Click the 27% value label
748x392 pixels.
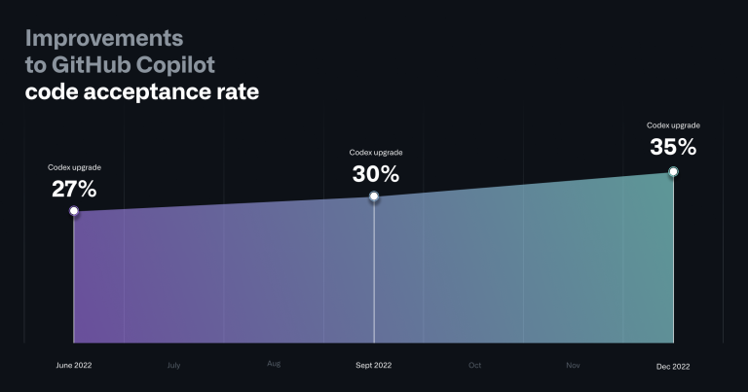point(74,189)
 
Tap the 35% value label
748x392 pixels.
point(673,147)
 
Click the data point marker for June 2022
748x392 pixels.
point(74,210)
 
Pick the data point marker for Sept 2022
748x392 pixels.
point(374,196)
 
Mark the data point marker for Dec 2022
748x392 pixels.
point(673,171)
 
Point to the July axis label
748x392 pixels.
point(173,366)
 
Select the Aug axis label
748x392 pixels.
point(274,364)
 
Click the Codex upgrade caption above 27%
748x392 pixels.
point(74,167)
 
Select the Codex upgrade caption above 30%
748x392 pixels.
point(376,153)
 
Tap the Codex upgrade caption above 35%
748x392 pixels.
point(673,125)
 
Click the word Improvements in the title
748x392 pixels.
point(104,39)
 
